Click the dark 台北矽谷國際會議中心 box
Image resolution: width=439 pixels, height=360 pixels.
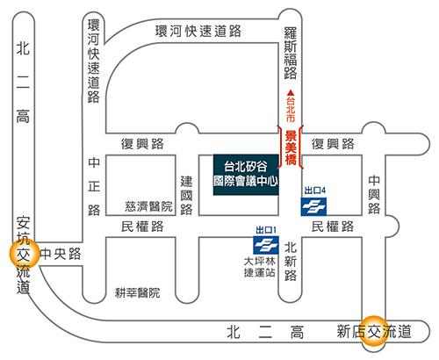246,175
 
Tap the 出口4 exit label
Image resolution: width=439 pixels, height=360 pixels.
315,191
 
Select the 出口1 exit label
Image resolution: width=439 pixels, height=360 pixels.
266,230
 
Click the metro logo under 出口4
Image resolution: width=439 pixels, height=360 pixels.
313,206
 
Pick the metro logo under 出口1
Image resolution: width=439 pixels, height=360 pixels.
266,245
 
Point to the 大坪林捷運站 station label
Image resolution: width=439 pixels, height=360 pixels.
260,267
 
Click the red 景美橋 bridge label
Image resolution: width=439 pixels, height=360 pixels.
291,148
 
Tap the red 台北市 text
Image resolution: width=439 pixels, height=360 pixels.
291,110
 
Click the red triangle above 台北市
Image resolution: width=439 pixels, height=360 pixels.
291,93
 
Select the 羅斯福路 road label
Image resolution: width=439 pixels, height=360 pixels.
291,53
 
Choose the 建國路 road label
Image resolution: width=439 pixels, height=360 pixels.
186,195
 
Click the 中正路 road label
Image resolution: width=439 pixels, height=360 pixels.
94,186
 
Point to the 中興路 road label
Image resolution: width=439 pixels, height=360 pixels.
374,195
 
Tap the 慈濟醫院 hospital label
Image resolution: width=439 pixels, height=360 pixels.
148,206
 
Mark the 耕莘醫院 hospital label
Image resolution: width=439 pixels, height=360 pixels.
138,292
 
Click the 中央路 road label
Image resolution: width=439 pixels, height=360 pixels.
61,254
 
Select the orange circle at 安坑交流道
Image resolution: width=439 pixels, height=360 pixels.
25,254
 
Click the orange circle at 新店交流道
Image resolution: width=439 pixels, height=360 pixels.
374,331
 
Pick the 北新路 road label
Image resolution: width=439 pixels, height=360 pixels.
291,262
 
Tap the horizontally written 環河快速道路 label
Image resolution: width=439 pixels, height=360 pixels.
198,31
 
